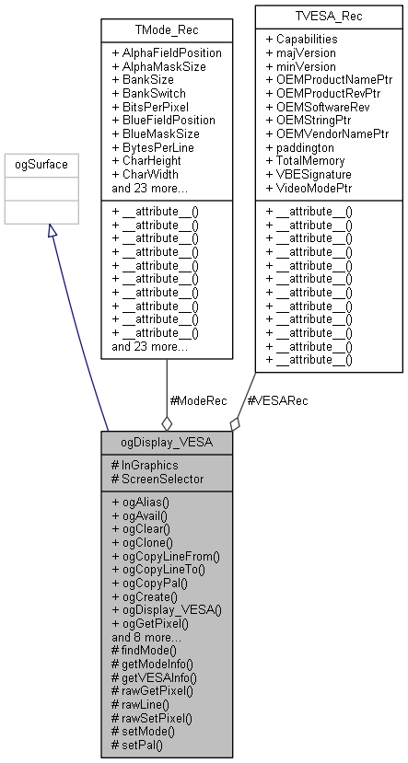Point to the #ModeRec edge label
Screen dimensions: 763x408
click(x=200, y=400)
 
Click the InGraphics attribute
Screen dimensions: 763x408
click(x=145, y=466)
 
